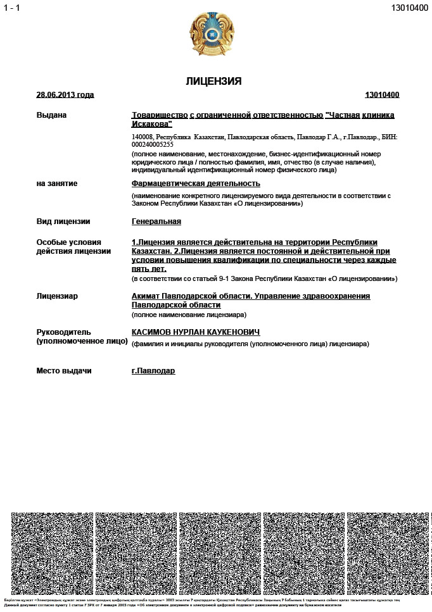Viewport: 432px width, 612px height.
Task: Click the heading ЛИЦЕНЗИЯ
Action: point(213,82)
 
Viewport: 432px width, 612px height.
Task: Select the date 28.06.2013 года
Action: point(65,95)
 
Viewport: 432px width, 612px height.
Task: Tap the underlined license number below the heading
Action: point(382,95)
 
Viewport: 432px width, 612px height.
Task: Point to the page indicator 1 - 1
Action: point(12,8)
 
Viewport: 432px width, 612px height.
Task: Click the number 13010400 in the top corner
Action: point(409,8)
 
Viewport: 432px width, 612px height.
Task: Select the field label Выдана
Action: point(51,115)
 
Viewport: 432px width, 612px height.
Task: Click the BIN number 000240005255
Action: point(153,144)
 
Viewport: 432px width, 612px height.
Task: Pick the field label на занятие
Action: point(57,184)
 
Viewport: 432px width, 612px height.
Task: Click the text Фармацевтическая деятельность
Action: point(196,184)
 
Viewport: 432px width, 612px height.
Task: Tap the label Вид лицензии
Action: point(63,222)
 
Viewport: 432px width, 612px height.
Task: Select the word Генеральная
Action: point(156,222)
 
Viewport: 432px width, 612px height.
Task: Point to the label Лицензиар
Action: point(58,296)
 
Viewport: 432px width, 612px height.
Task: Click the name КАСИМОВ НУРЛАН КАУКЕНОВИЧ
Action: point(196,333)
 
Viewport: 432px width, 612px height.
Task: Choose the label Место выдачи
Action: point(64,371)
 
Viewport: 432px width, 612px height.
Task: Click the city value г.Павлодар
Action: point(153,371)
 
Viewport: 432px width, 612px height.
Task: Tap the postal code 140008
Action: point(143,137)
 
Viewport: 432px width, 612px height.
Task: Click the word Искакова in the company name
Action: point(151,125)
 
